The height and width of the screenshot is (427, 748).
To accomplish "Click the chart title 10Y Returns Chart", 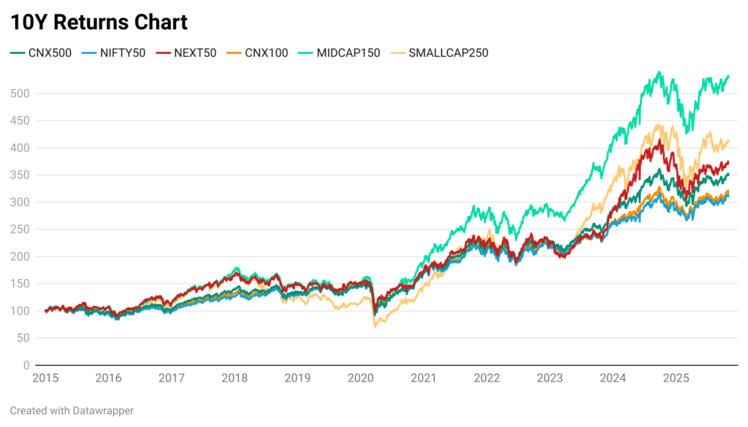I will (x=99, y=22).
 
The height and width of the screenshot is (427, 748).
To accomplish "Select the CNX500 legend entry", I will (x=41, y=53).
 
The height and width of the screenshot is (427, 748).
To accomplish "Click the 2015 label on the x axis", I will (x=45, y=379).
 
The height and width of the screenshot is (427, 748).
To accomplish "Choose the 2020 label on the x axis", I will (x=360, y=379).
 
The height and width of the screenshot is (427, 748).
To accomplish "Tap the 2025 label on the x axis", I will (x=676, y=379).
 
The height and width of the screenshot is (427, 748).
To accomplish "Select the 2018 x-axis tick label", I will (x=234, y=379).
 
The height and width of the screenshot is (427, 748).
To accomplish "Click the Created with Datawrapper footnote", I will (x=72, y=411).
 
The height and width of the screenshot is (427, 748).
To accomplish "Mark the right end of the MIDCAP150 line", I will (x=728, y=75).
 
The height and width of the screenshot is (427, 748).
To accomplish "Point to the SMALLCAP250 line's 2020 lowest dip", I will (x=375, y=326).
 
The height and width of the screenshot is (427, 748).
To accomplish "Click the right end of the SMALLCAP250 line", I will (x=728, y=140).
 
